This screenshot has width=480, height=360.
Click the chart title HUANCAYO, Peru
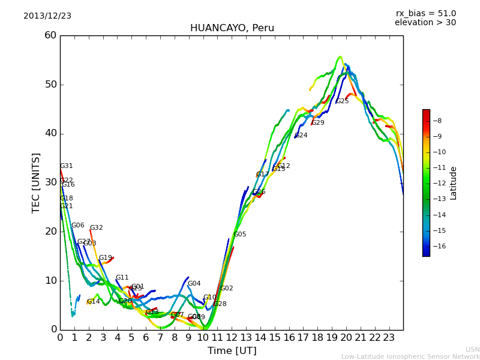232,28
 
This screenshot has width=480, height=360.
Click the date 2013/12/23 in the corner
47,16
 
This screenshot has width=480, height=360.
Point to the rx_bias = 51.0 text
425,14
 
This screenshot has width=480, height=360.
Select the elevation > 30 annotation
425,23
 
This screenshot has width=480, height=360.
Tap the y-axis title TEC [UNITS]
36,182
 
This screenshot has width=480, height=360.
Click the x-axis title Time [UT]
232,351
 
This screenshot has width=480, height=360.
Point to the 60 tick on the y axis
50,35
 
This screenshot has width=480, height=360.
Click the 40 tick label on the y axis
50,133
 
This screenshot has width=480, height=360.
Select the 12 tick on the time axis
232,338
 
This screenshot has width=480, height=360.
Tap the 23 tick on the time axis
389,338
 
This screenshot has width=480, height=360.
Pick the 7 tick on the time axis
160,338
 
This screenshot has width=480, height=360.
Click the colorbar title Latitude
454,183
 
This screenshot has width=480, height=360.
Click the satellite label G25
342,101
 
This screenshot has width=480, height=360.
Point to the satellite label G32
96,228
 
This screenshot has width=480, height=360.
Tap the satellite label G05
239,235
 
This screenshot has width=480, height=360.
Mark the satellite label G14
93,302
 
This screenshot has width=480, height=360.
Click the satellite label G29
317,123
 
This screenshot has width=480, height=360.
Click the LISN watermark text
472,349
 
